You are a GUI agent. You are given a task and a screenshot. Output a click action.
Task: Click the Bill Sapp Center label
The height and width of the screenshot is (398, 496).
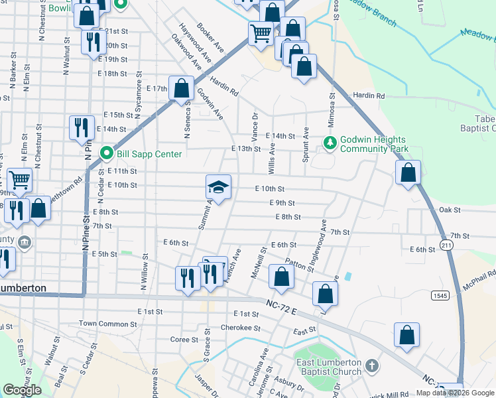pos(140,154)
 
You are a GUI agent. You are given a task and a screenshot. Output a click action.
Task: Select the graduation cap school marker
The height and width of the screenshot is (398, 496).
pos(218,188)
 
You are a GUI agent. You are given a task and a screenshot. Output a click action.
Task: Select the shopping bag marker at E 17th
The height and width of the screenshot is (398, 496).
pos(181,89)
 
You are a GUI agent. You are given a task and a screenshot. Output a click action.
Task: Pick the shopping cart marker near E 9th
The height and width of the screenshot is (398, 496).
pos(20,179)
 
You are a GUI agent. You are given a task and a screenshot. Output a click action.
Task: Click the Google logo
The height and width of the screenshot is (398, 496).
pos(22,390)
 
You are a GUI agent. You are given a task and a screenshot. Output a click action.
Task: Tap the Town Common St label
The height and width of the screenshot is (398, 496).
pos(107,324)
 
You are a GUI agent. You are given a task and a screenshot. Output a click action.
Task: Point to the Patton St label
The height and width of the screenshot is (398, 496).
pos(300,264)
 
